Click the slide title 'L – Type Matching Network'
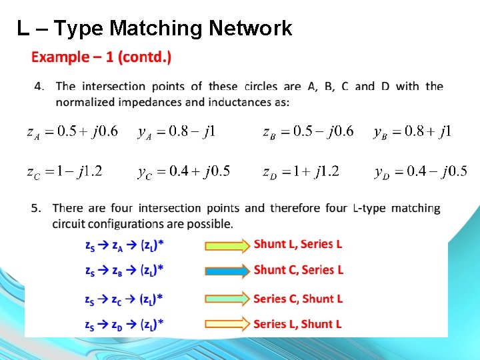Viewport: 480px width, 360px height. click(155, 28)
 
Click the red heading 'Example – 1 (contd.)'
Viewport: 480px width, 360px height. click(101, 57)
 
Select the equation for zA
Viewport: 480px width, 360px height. click(72, 131)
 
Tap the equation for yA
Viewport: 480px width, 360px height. click(177, 131)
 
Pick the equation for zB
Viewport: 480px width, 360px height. click(307, 131)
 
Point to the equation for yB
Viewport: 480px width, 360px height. click(413, 131)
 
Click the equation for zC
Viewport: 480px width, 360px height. click(65, 172)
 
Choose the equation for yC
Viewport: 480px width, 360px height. click(184, 172)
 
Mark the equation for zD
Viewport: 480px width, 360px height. click(301, 172)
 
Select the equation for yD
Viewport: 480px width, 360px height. click(421, 172)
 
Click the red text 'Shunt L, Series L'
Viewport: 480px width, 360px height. click(297, 244)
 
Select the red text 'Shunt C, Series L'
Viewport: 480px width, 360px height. click(298, 269)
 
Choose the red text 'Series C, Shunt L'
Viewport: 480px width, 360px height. click(298, 299)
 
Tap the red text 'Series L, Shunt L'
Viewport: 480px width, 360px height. click(297, 324)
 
